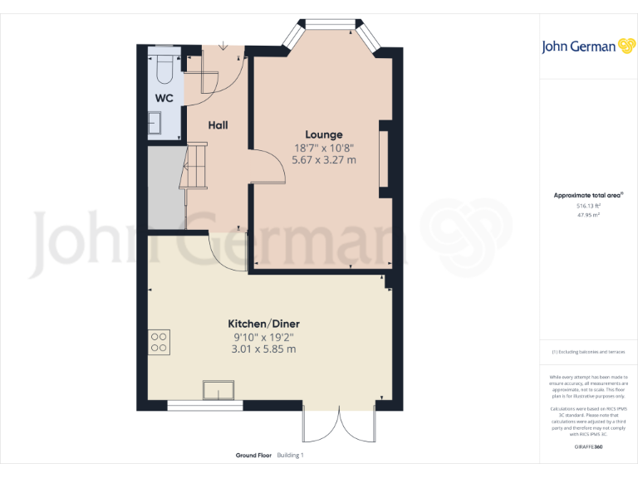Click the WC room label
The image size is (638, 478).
[164, 99]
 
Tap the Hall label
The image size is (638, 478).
[218, 125]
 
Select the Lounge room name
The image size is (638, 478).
[324, 134]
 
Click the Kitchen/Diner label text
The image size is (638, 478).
[264, 323]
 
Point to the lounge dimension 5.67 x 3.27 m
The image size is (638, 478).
[324, 159]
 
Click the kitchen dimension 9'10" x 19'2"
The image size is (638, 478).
[264, 336]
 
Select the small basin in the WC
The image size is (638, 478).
[155, 124]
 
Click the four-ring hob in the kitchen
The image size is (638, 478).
[159, 342]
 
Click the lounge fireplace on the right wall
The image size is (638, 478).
[384, 159]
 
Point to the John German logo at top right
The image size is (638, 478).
[588, 46]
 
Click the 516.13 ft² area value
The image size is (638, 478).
[588, 205]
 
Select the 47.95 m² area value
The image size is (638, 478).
[588, 214]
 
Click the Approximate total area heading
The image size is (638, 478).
[588, 195]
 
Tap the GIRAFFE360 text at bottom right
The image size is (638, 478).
[588, 447]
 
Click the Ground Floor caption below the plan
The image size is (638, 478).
[253, 456]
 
